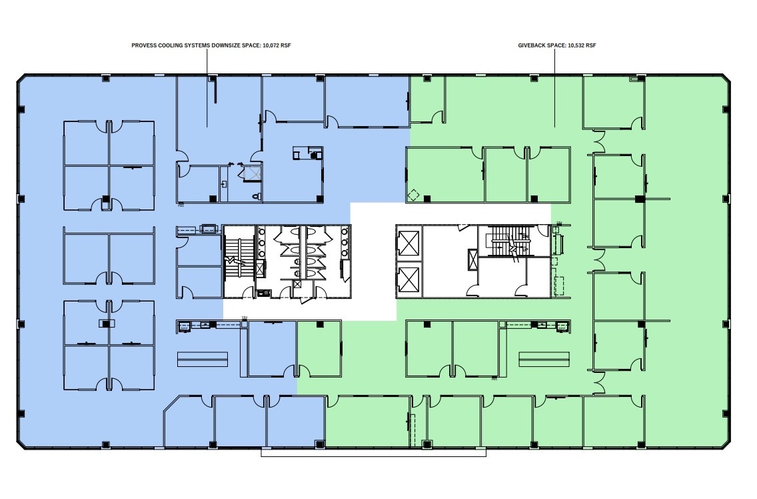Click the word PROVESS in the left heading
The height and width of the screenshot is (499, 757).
tap(144, 46)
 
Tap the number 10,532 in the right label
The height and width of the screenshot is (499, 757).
tap(576, 46)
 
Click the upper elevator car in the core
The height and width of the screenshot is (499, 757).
tap(408, 243)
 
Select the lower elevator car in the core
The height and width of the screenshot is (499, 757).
tap(408, 280)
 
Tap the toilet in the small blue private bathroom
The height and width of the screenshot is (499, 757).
tap(257, 197)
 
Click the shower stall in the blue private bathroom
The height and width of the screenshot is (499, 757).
tap(253, 174)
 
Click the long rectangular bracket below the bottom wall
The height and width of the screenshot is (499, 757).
tap(373, 452)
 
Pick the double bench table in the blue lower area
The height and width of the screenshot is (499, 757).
tap(202, 359)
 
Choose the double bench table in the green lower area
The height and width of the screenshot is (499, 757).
tap(544, 359)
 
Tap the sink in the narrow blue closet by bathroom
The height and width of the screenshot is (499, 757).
tap(225, 183)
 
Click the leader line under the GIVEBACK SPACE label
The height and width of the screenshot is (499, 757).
tap(555, 87)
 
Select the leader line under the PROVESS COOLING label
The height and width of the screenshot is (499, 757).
tap(207, 87)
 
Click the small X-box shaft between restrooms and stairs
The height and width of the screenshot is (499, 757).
tap(260, 269)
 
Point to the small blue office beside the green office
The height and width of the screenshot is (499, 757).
tap(271, 348)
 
